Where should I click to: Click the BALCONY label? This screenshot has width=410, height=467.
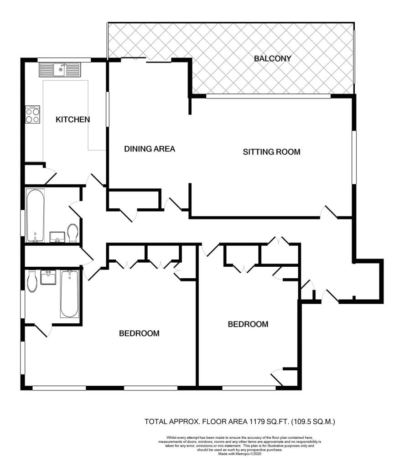[272, 58]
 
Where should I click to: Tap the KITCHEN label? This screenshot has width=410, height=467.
[73, 119]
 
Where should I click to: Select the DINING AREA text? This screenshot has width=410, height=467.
[150, 149]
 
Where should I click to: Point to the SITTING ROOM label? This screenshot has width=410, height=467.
[271, 152]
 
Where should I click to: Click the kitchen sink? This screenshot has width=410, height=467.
[60, 70]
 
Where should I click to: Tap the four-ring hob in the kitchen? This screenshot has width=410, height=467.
[32, 115]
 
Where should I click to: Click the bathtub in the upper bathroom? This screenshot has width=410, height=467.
[36, 216]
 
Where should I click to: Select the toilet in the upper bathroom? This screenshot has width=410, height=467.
[73, 233]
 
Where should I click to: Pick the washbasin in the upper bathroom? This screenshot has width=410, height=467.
[57, 237]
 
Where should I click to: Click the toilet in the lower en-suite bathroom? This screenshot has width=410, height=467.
[32, 281]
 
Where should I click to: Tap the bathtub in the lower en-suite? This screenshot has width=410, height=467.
[70, 294]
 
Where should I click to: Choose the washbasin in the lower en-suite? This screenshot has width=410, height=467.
[48, 277]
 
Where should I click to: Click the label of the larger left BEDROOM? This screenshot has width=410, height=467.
[139, 333]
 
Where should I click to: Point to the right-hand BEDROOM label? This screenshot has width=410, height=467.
[248, 324]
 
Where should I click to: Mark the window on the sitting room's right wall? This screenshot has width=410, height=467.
[354, 157]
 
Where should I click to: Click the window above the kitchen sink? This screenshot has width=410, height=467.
[64, 60]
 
